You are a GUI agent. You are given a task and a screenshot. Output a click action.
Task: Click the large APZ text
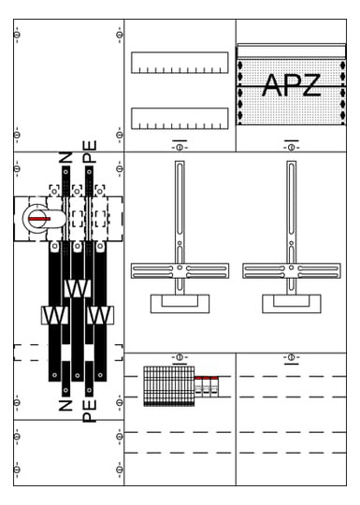[x=292, y=85]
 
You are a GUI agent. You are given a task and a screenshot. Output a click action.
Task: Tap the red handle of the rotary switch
[x=39, y=219]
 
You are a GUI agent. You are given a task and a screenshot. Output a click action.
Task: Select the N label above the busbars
[x=65, y=157]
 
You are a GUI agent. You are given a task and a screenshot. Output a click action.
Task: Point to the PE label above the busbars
[x=89, y=151]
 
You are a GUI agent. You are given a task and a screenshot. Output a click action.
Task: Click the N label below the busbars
[x=65, y=405]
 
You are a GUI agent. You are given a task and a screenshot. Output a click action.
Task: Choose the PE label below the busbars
[x=89, y=411]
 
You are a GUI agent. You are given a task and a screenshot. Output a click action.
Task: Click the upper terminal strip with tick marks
[x=180, y=63]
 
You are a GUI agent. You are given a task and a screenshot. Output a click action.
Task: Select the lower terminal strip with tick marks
[x=180, y=119]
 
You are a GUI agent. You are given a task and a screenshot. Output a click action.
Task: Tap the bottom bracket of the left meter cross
[x=180, y=304]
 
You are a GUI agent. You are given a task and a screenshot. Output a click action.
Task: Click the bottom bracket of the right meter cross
[x=292, y=304]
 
